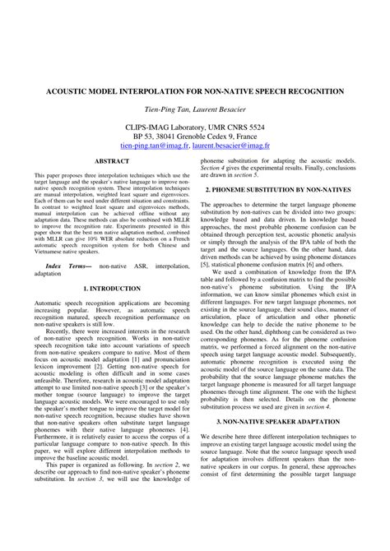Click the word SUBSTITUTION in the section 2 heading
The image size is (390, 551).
tap(277, 190)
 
